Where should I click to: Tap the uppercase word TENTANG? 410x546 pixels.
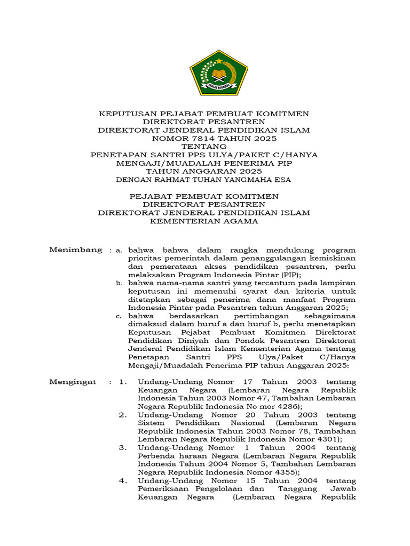click(x=204, y=147)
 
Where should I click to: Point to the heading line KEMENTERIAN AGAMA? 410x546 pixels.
click(x=204, y=221)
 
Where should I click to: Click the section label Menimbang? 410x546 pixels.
click(x=75, y=250)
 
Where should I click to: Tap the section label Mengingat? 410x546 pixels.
click(x=73, y=382)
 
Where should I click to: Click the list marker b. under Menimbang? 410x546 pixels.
click(x=119, y=283)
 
